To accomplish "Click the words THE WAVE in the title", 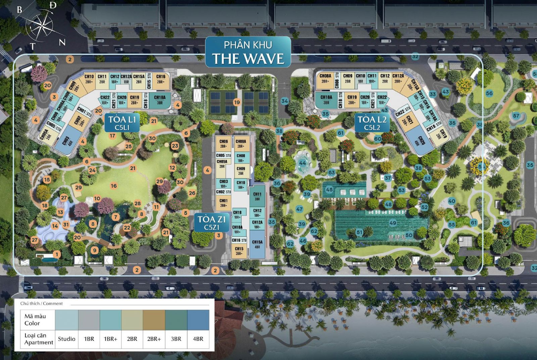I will coord(248,58).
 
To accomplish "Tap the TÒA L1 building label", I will coord(122,122).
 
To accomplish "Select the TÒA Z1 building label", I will coord(211,222).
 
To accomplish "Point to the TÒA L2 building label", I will coord(372,122).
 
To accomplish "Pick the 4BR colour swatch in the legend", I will coord(198,320).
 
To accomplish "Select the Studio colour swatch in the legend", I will coord(66,320).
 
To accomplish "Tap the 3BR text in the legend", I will coord(176,339).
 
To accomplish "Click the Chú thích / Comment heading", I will coord(41,303).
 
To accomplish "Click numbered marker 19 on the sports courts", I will coord(237,102).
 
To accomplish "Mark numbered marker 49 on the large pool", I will coord(393,223).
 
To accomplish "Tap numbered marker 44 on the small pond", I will coord(302,163).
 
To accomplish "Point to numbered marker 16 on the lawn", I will coord(114,186).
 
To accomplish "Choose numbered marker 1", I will coord(57,254).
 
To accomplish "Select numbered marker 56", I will coord(489,93).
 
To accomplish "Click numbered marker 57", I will coord(516,116).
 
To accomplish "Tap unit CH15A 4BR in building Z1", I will coord(257,244).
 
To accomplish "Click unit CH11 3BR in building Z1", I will coord(257,196).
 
